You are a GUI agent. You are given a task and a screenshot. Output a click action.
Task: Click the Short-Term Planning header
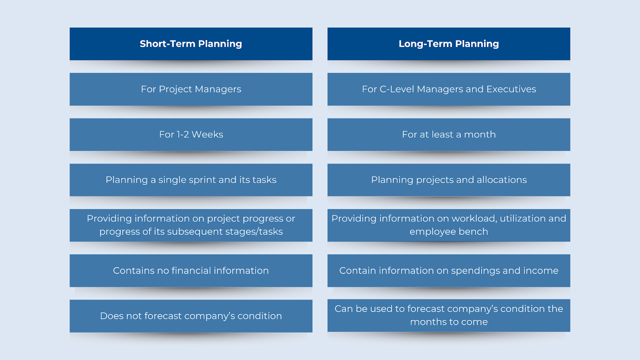[191, 44]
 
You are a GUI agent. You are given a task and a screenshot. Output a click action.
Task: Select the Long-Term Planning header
[448, 44]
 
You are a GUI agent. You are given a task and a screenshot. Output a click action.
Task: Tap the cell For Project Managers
[191, 89]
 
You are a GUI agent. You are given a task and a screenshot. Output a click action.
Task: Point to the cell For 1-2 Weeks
[191, 134]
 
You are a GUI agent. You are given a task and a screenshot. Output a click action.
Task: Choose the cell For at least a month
[448, 134]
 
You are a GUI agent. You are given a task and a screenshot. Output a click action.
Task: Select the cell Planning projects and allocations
[448, 180]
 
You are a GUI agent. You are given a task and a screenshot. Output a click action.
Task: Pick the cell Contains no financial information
[191, 271]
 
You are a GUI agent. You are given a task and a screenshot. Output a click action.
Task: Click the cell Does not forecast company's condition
[191, 316]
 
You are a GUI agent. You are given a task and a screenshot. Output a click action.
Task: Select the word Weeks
[208, 134]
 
